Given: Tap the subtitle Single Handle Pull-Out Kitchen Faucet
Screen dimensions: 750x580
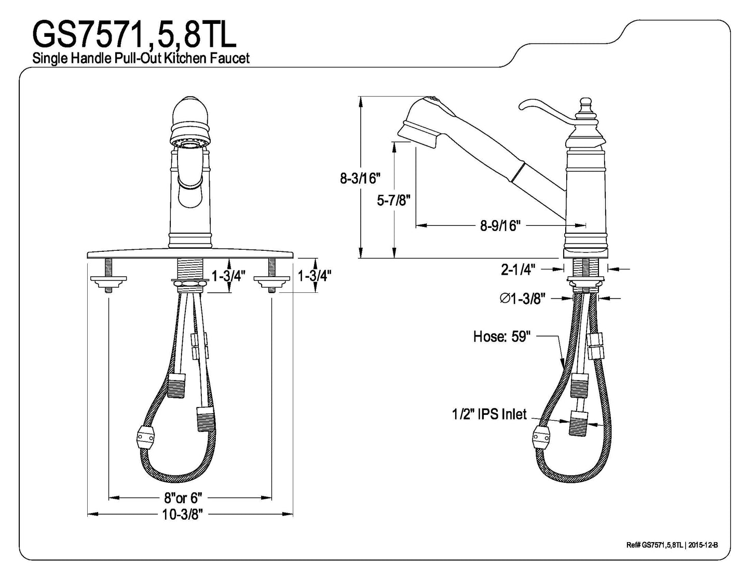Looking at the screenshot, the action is pos(141,58).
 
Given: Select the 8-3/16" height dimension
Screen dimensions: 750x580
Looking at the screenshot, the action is pos(360,179).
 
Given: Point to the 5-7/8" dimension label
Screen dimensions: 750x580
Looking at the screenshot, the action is pos(393,200).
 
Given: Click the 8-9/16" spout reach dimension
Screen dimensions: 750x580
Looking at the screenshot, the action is pos(500,226).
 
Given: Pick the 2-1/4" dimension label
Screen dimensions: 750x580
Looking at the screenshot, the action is pos(518,269).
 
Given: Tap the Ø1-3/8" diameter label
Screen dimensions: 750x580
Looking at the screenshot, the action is pos(523,298).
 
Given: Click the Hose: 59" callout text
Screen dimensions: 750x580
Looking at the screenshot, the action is pos(501,336).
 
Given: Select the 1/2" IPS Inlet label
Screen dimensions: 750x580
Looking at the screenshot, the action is pos(489,414).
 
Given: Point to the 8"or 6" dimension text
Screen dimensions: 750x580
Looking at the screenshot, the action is pos(183,498).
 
